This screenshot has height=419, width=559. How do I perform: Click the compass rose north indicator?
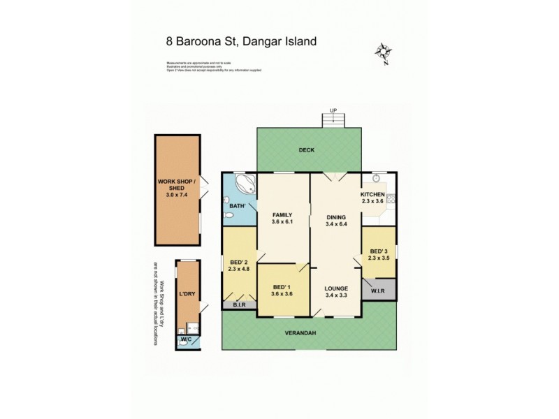point(382,53)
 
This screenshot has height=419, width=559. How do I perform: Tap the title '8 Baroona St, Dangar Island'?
point(241,41)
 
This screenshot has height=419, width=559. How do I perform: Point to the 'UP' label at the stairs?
point(333,110)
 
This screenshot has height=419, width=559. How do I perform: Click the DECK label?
point(306,149)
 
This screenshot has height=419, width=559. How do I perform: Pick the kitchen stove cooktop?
point(390,200)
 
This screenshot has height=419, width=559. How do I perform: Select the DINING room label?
point(336,216)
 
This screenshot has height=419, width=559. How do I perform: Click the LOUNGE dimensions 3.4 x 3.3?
point(336,295)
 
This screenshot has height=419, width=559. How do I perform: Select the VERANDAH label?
point(305,333)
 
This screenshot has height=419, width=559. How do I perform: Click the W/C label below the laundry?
point(186,340)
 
